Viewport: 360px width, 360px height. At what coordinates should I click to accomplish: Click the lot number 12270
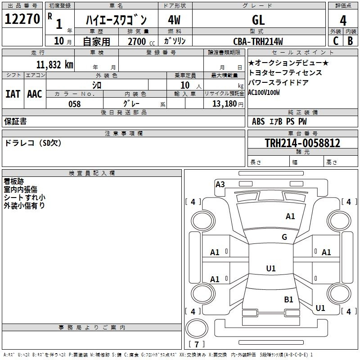coord(22,19)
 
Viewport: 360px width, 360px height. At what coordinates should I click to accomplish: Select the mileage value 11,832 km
coord(54,65)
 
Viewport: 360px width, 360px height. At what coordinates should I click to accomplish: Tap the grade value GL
coord(258,20)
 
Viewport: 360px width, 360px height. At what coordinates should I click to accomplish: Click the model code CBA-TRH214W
coord(258,41)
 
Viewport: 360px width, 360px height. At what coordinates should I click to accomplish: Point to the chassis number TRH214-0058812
coord(302,143)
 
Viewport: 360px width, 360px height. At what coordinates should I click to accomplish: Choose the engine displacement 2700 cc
coord(141,41)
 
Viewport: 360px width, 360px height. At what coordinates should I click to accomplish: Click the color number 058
coord(75,104)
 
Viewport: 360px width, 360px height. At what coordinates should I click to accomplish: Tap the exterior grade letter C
coord(336,41)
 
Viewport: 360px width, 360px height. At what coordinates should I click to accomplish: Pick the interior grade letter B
coord(350,41)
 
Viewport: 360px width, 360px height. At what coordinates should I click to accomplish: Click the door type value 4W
coord(174,20)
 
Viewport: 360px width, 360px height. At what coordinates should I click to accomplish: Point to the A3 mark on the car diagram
coord(220,184)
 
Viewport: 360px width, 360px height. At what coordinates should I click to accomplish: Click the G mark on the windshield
coord(284,237)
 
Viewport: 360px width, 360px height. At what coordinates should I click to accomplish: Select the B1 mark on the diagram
coord(288,300)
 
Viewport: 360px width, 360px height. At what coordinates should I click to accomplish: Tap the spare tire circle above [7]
coord(197,328)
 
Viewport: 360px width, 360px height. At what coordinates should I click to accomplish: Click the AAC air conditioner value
coord(35,94)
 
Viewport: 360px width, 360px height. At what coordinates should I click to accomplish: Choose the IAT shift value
coord(13,94)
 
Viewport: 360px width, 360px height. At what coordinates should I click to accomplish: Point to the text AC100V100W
coord(264,93)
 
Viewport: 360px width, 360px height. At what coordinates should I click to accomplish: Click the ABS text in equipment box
coord(258,121)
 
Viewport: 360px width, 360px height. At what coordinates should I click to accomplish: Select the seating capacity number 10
coord(185,85)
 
